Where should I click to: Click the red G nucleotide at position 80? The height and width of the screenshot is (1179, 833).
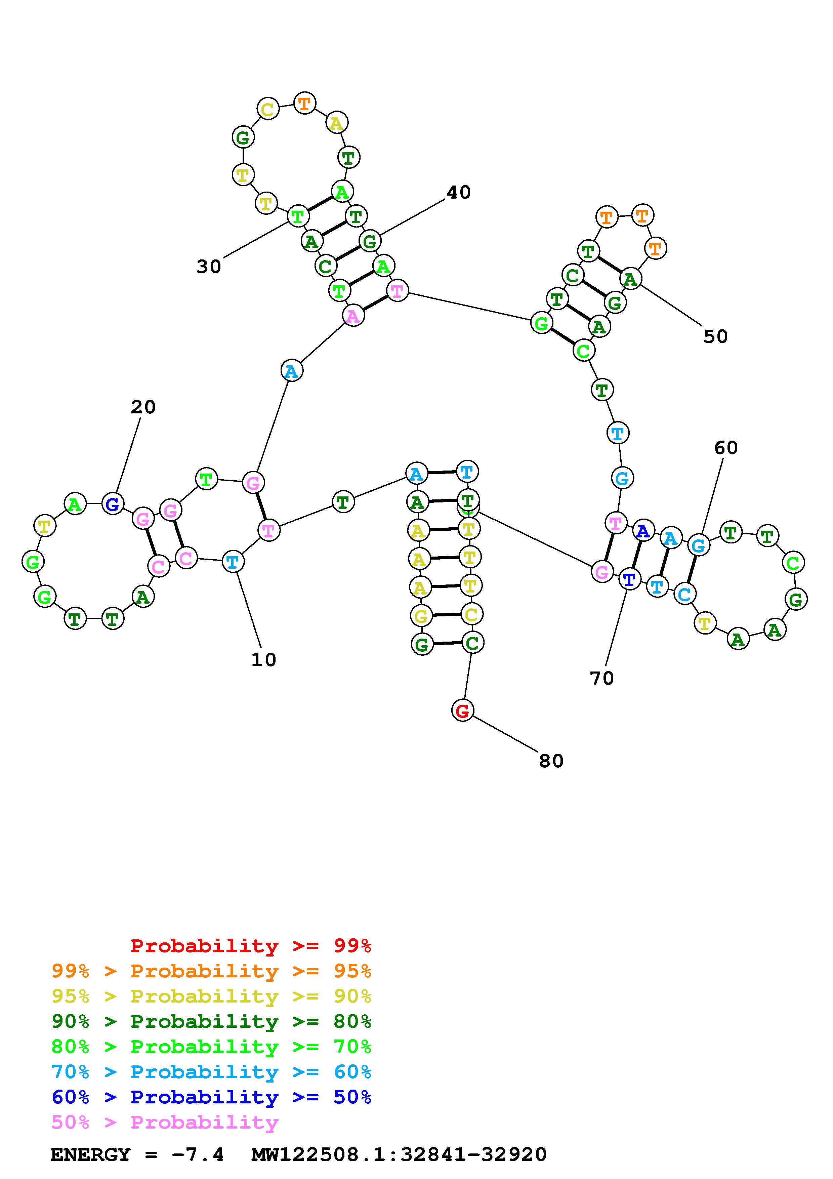pos(462,711)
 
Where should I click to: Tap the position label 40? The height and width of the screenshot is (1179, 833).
pos(458,193)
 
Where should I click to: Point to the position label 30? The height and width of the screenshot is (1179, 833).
pos(209,267)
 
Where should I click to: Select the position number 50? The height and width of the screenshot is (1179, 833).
pos(715,337)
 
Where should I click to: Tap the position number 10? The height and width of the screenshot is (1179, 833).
pos(264,660)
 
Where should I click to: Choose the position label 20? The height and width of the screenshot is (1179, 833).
pos(143,407)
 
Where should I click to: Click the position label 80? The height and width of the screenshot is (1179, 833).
pos(551,761)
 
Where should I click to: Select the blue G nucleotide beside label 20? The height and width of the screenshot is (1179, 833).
pos(113,504)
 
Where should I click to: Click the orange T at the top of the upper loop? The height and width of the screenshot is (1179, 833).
pos(304,103)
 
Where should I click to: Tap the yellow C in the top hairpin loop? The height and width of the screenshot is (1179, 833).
pos(267,109)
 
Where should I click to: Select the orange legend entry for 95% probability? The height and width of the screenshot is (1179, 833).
pos(211,971)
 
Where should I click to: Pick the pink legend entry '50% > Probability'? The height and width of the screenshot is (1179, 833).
pos(165,1123)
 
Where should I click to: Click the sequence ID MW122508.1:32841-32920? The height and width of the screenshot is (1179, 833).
pos(399,1155)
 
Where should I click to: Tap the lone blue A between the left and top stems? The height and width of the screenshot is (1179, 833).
pos(292,371)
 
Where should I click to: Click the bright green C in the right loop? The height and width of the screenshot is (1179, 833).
pos(793,563)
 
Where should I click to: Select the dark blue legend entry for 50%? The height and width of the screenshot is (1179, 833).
pos(211,1097)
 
